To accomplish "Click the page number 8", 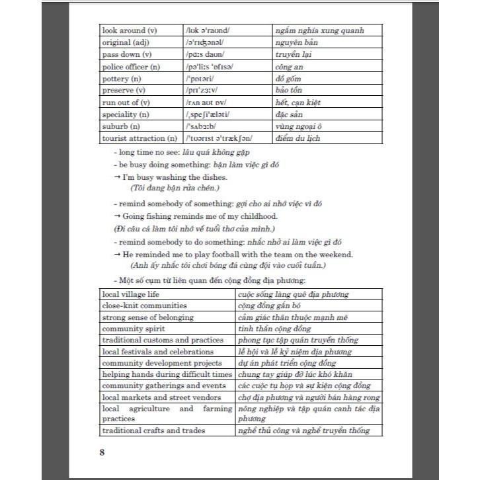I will [x=102, y=452].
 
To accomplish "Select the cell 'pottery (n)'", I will [x=122, y=78].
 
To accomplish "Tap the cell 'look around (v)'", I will [x=129, y=30].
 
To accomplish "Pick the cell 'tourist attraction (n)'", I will [x=139, y=138].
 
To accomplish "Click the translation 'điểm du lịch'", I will [x=300, y=138].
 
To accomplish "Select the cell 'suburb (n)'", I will [x=121, y=126].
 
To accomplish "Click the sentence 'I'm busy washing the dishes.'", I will [x=175, y=177].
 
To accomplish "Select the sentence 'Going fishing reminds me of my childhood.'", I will [x=200, y=216].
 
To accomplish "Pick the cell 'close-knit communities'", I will [x=145, y=305].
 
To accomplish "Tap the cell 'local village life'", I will [x=135, y=294].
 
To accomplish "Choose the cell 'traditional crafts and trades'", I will [x=153, y=430].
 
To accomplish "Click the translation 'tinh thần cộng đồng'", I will [x=274, y=329].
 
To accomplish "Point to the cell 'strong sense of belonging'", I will [x=148, y=317].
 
